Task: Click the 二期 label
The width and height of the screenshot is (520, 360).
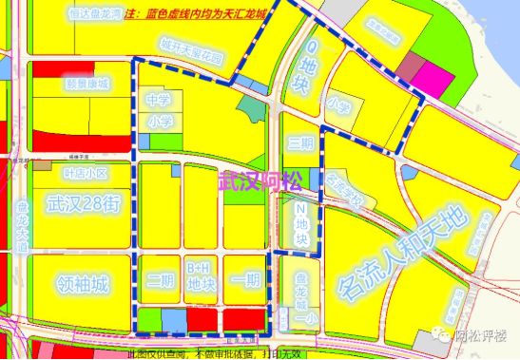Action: pos(159,280)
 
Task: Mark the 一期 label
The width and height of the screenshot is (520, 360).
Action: pos(245,280)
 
